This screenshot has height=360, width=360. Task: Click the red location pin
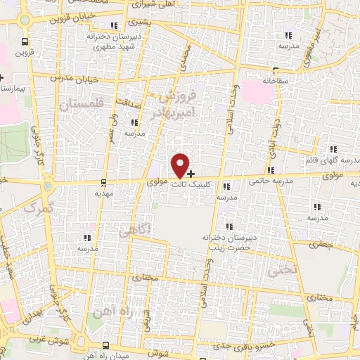coord(181,165)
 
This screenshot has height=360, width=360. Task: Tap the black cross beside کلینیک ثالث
coord(191,173)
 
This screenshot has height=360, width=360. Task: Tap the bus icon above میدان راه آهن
coord(105,345)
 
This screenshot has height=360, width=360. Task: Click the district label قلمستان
coord(82,104)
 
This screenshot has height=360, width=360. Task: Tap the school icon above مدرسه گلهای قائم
coord(333,149)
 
